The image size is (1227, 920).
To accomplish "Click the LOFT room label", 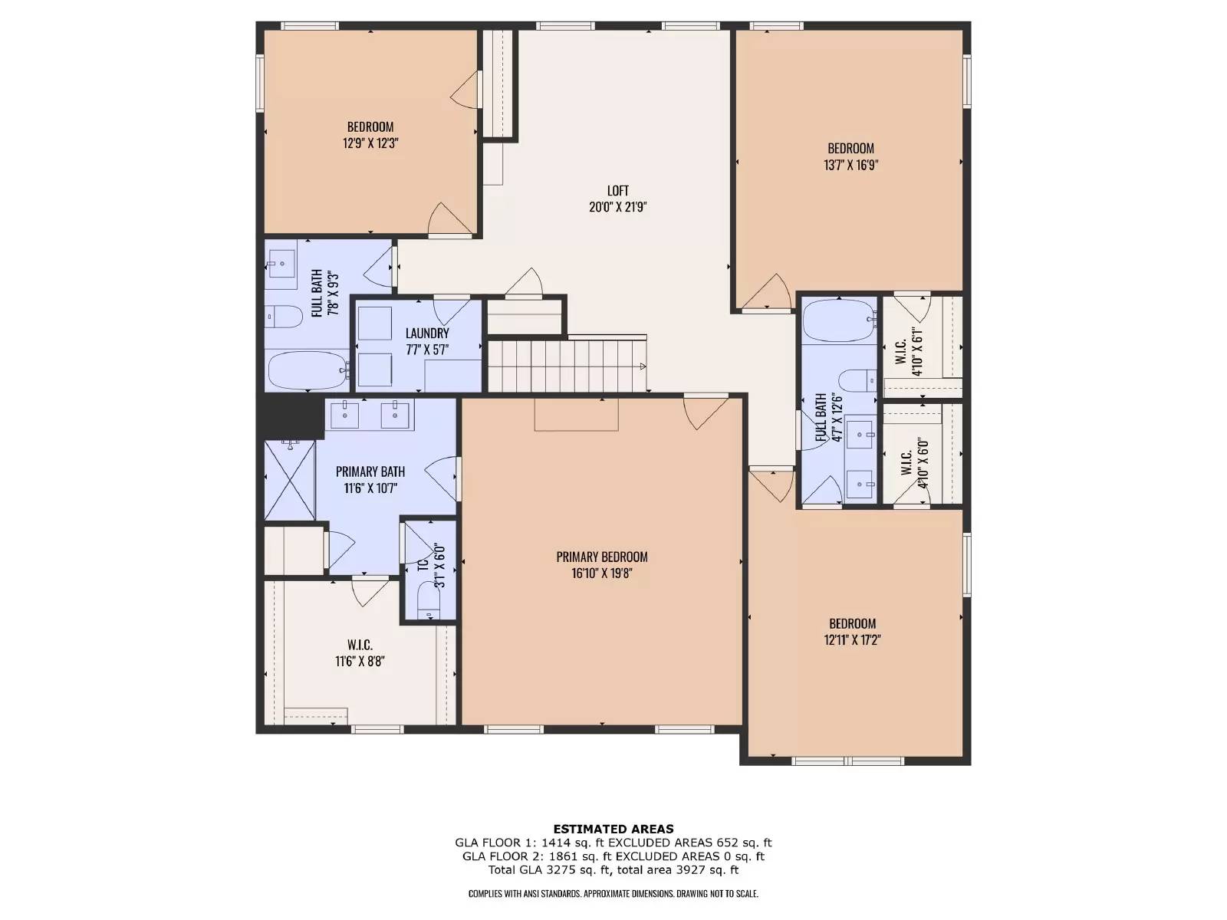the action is point(617,190).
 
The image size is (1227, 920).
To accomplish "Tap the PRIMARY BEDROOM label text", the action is point(601,557).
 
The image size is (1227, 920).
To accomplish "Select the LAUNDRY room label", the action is point(427,333).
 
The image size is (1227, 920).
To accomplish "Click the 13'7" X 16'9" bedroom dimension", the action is point(850,165).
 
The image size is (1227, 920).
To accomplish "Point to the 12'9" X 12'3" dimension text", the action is point(370,143).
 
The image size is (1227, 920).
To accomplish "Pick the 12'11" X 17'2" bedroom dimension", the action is point(852,639).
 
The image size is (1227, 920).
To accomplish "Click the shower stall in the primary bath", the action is point(290,480).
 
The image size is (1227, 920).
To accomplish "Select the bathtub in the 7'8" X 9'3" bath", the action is point(308,370).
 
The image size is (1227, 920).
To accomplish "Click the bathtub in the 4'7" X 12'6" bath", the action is point(838,320).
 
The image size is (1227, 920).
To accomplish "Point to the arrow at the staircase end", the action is point(643,366).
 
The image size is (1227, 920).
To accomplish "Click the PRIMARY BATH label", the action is point(370,472).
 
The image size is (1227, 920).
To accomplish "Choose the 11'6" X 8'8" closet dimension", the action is point(360,662).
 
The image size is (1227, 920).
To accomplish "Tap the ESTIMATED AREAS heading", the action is point(613,829).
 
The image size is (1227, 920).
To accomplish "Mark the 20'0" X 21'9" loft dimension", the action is point(617,207).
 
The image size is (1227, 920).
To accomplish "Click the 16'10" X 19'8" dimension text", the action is point(601,573).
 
